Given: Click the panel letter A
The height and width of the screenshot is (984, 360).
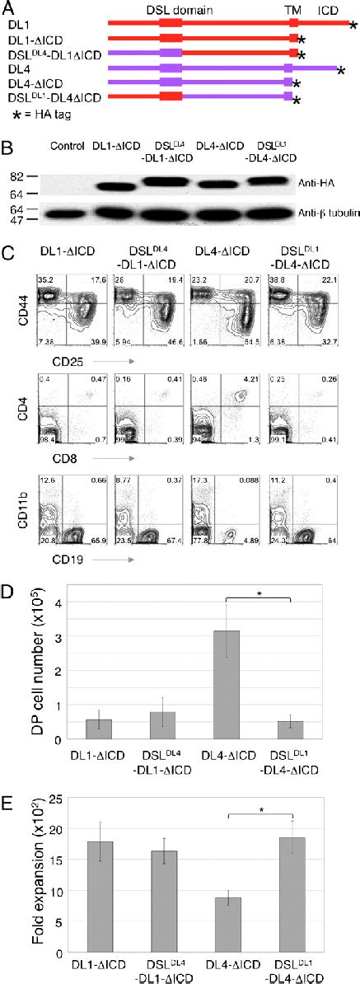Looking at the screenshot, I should point(7,8).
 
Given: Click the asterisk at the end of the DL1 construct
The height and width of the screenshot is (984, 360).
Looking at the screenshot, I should point(353,26).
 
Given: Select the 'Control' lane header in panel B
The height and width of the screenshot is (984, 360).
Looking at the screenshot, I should point(67,148).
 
